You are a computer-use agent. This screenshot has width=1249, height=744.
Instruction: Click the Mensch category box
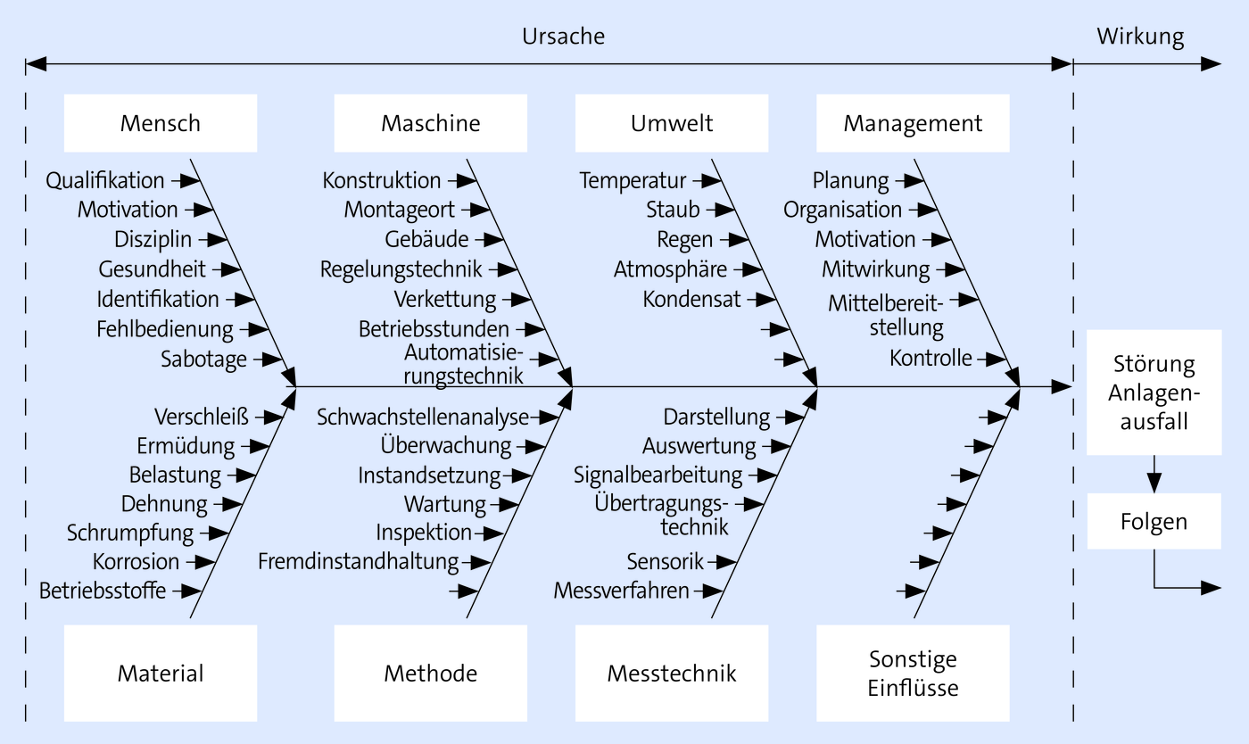click(x=161, y=123)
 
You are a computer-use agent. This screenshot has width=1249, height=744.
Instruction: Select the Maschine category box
click(x=430, y=123)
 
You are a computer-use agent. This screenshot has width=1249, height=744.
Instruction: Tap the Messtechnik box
click(x=671, y=674)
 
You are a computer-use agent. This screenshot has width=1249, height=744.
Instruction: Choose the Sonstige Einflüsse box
click(x=913, y=674)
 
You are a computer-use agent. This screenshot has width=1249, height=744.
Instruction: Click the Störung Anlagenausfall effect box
click(x=1154, y=393)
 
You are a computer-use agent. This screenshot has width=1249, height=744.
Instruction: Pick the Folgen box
click(x=1154, y=522)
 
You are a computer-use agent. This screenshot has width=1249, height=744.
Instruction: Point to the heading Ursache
click(x=563, y=37)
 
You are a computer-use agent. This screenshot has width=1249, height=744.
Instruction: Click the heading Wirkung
click(x=1140, y=37)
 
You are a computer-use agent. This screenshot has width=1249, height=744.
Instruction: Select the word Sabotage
click(x=203, y=360)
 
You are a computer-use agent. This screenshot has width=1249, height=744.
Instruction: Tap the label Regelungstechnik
click(x=401, y=270)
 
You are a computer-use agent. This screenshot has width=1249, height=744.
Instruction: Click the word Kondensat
click(x=691, y=300)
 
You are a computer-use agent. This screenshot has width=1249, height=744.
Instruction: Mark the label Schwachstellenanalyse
click(x=423, y=417)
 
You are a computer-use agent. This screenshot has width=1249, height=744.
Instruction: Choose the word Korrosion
click(x=136, y=562)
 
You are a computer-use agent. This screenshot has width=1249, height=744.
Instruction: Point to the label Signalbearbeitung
click(x=658, y=475)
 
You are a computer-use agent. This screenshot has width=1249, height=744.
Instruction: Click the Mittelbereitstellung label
click(x=886, y=316)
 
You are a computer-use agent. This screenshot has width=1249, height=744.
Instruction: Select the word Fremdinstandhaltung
click(x=358, y=562)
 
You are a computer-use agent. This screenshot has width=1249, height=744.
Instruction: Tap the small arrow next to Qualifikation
click(x=186, y=181)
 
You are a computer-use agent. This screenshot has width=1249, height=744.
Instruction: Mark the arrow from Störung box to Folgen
click(x=1154, y=474)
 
